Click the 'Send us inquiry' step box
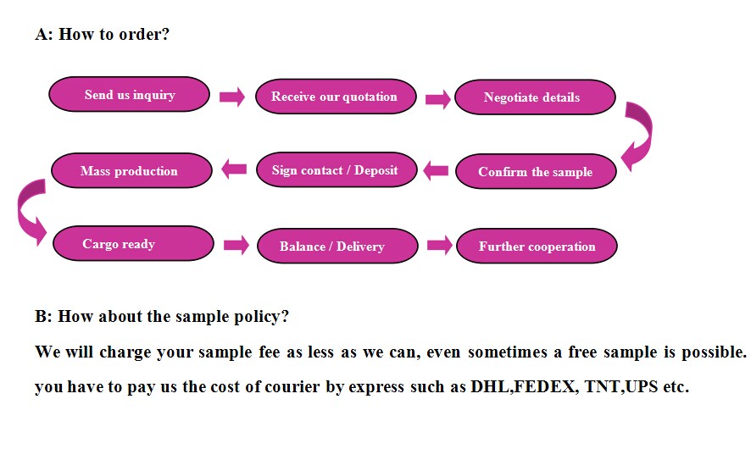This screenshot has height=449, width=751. tap(130, 94)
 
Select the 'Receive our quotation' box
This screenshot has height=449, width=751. tap(336, 97)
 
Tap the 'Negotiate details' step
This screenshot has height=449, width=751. tap(535, 97)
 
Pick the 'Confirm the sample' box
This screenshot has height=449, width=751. tap(536, 171)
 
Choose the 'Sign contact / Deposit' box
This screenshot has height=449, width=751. tap(337, 170)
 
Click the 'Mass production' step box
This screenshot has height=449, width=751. tap(131, 170)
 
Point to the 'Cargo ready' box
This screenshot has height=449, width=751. tap(133, 244)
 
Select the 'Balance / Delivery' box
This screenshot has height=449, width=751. tap(337, 246)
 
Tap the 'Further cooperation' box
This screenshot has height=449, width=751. tap(537, 246)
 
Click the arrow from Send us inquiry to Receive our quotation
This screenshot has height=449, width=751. tap(232, 97)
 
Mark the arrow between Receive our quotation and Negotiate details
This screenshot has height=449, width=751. tap(438, 99)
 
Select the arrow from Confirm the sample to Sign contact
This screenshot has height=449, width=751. tap(436, 170)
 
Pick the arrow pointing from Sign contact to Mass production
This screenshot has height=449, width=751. tap(234, 169)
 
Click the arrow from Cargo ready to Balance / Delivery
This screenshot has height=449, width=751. tap(236, 245)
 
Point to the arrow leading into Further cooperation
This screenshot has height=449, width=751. tap(440, 245)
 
